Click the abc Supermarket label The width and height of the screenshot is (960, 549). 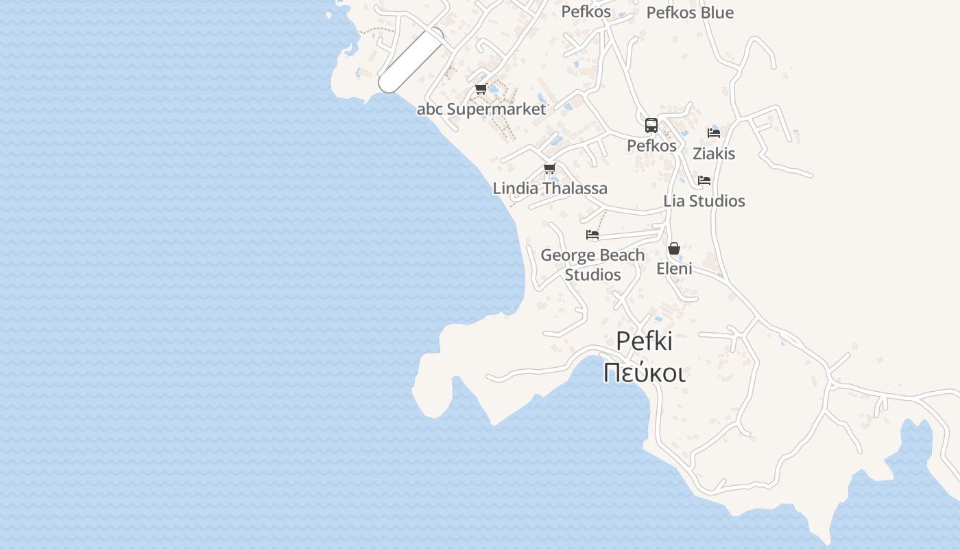pos(481,109)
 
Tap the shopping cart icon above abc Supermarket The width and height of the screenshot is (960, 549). pos(481,89)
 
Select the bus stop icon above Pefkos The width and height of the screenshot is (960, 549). pos(651,126)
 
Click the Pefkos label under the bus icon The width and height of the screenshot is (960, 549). pos(651,145)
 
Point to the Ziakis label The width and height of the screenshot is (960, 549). pos(714,154)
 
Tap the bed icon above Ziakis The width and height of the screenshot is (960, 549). pos(714,132)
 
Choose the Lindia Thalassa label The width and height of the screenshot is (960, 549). pos(550,188)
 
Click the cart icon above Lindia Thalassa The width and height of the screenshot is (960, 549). pos(549,168)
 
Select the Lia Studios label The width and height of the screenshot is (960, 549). pos(704,201)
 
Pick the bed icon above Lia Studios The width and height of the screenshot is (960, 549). pos(704,180)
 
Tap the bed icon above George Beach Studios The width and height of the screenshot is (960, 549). pos(592,235)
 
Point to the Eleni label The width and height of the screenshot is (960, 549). pos(674,268)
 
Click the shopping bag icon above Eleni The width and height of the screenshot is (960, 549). pos(674,248)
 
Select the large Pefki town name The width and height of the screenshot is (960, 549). pos(645,341)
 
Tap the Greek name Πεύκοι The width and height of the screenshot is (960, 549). pos(645,372)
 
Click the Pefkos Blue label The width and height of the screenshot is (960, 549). pos(690,12)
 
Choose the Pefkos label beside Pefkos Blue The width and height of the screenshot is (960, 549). pos(586,12)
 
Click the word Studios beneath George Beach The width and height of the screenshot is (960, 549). pos(592,274)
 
